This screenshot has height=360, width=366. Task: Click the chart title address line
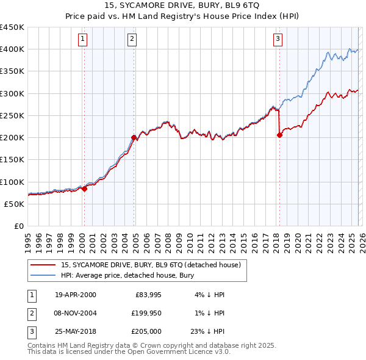pos(183,6)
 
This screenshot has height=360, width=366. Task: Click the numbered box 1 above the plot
pos(83,40)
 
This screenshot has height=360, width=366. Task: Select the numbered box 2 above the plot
pos(132,40)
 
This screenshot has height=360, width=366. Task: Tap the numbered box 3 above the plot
pos(278,40)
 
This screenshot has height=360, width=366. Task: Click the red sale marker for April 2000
pos(85,189)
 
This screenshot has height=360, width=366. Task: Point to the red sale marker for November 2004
pos(134,137)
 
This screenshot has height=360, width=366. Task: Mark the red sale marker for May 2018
pos(279,135)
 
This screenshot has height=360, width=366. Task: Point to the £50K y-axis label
pos(15,204)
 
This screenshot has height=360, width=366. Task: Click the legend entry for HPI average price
pos(127,275)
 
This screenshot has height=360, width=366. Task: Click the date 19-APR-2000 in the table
pos(76,295)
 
